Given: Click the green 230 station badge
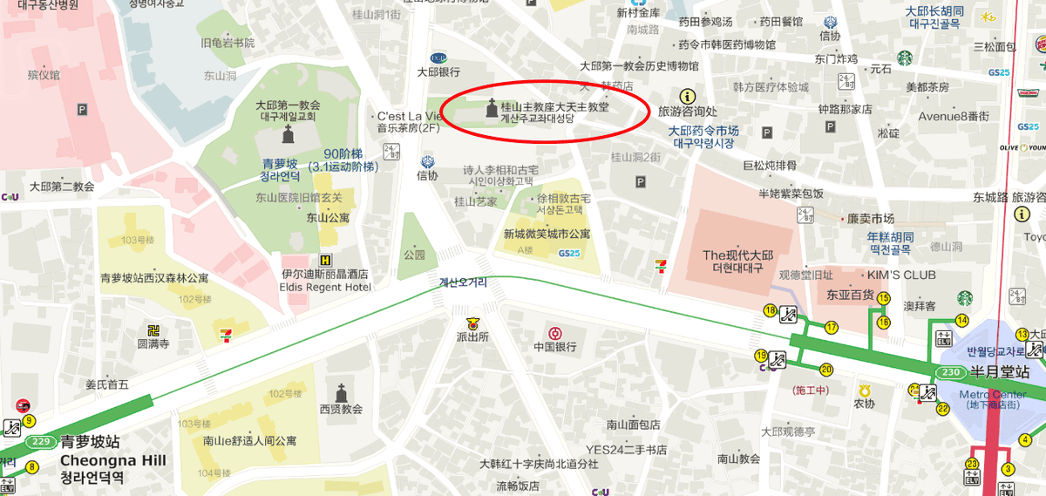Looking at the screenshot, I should (x=951, y=372).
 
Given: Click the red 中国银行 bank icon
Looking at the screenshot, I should (x=554, y=332).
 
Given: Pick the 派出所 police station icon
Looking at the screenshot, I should (x=473, y=322).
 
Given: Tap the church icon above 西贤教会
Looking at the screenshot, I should (x=341, y=392).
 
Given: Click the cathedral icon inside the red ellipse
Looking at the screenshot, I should (x=490, y=110).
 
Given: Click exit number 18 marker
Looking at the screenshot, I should (x=770, y=310).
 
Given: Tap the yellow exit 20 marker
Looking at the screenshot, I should (x=826, y=370).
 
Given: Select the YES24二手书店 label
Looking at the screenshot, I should (x=626, y=450).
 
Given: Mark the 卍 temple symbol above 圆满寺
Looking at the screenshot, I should (x=153, y=329).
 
